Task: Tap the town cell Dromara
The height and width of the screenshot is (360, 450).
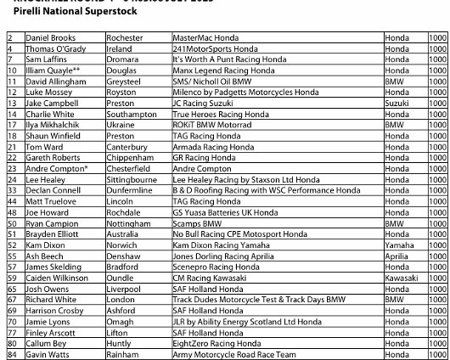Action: click(125, 61)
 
